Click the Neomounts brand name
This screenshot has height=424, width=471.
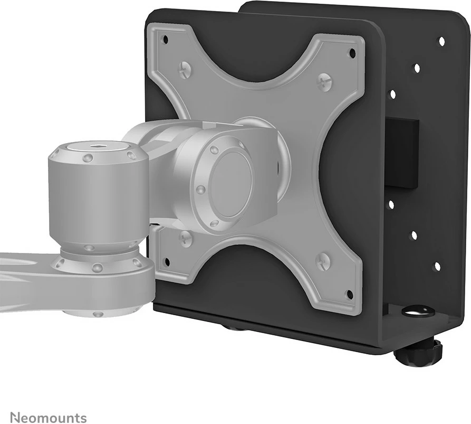48,418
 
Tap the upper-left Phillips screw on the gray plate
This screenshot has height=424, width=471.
185,69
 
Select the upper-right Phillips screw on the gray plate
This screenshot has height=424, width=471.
324,82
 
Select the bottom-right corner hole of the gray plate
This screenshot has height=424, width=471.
348,294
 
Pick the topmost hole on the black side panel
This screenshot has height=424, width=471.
441,41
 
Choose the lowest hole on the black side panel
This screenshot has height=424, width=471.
436,267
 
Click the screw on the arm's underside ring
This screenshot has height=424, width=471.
98,314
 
